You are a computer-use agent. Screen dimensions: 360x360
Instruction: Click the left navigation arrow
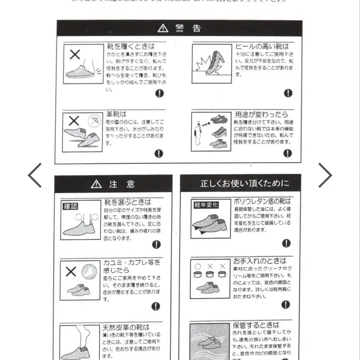35,175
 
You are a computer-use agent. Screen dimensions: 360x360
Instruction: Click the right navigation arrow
325,175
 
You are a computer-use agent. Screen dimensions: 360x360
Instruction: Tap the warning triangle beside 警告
163,28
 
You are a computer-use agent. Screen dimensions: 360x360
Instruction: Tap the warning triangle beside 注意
96,184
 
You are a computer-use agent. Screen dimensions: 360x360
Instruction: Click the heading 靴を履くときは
131,46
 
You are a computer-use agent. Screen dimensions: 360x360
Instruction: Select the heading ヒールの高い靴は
262,46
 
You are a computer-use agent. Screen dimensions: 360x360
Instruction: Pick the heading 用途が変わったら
261,114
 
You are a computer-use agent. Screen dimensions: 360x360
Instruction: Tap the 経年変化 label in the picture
206,205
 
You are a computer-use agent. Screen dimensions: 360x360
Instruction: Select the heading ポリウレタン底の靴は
262,201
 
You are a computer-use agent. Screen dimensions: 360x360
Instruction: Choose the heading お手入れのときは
260,261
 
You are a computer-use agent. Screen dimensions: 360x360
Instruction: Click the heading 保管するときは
256,325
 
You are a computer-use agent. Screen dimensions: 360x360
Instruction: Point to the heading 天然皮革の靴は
126,327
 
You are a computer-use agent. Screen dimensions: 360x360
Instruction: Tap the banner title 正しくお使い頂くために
245,183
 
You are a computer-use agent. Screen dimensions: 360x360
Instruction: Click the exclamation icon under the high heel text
288,93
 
